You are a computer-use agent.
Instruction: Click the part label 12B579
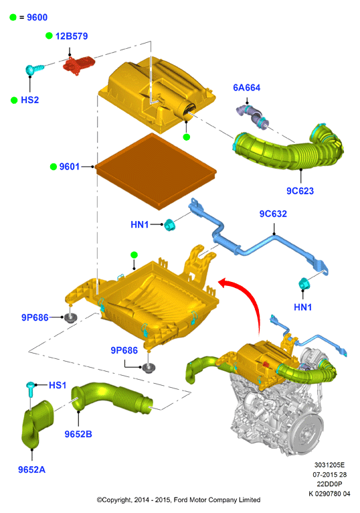tap(72, 36)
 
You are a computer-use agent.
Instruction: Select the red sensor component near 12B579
tap(78, 64)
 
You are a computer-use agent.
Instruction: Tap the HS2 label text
tap(29, 100)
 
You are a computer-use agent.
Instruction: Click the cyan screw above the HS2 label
tap(34, 69)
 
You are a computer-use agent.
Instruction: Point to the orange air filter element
tap(156, 171)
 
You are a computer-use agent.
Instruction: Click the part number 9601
tap(70, 167)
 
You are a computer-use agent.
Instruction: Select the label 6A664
tap(246, 88)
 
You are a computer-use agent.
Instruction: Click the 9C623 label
tap(300, 191)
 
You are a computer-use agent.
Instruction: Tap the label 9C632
tap(273, 214)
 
